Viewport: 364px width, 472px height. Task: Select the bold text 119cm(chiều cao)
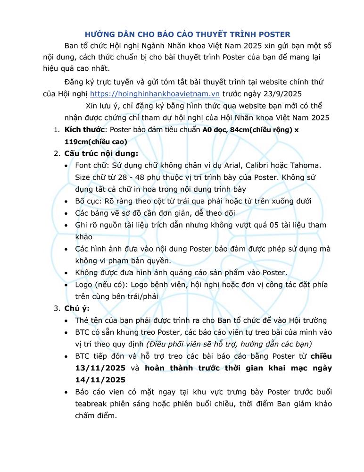coord(96,141)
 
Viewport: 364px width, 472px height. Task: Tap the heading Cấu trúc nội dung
coord(101,153)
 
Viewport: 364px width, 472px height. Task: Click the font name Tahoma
coord(305,165)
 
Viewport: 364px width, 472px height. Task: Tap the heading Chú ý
coord(75,309)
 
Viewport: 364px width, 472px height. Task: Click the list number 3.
coord(55,309)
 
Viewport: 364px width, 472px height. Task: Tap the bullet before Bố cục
coord(66,201)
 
